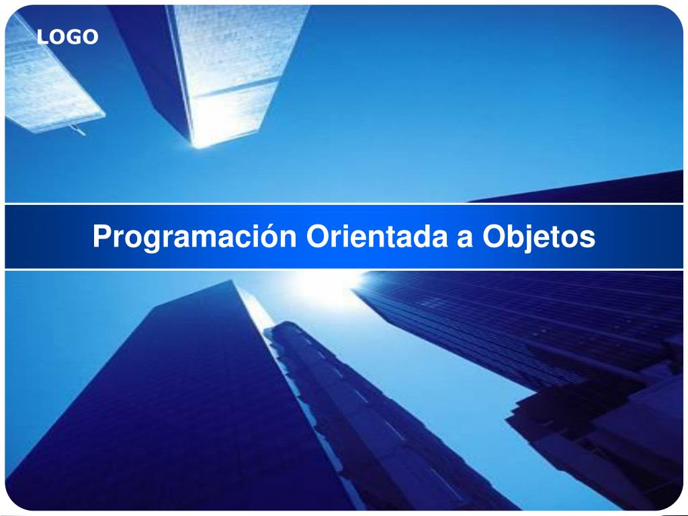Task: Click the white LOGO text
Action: [x=67, y=38]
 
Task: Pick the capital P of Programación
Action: [x=101, y=236]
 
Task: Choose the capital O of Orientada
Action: [x=318, y=236]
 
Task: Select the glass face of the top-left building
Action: [x=47, y=81]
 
